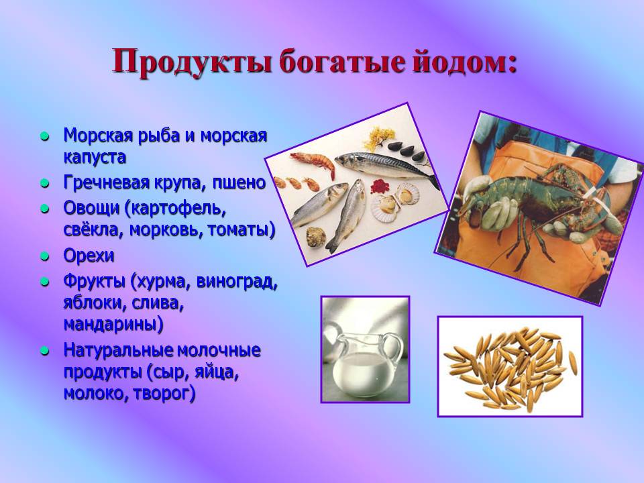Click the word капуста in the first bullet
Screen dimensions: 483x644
pos(95,158)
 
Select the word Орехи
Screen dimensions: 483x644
pos(89,256)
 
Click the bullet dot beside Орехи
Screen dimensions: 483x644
pos(45,256)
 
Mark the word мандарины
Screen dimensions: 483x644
pos(113,325)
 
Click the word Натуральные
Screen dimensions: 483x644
pos(118,350)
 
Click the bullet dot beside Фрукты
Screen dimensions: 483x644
pos(45,282)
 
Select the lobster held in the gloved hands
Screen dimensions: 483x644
pos(537,201)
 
